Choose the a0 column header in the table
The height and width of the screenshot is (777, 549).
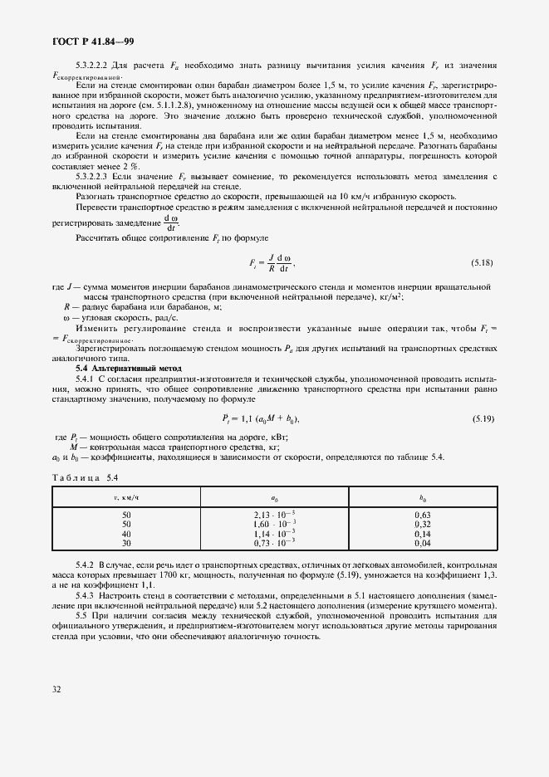point(274,497)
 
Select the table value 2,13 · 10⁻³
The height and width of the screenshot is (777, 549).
point(274,515)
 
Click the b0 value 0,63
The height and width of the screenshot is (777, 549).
point(422,515)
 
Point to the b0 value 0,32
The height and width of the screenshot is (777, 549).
point(422,524)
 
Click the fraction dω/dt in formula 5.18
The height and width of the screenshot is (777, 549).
point(283,263)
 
